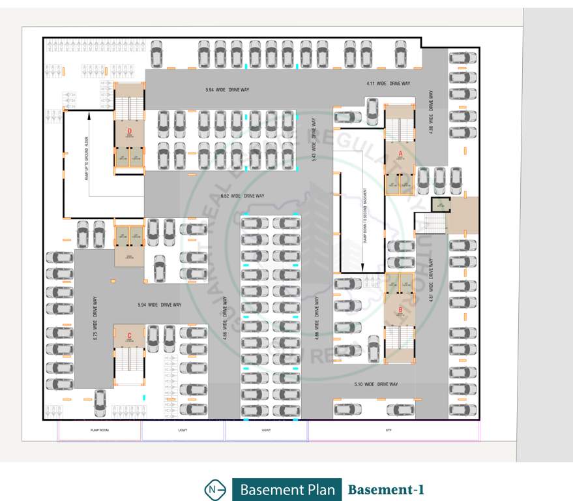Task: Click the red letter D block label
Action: (x=130, y=129)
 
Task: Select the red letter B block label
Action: (x=400, y=310)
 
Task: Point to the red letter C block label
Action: (x=129, y=336)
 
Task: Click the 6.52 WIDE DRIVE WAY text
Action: (x=242, y=196)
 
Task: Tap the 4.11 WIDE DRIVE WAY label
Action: (x=388, y=83)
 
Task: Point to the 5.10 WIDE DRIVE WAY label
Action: (x=376, y=384)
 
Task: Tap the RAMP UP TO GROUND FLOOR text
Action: (x=85, y=159)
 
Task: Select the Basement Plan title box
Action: (x=287, y=489)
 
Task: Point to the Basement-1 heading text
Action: (x=386, y=489)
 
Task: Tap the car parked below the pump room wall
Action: (x=100, y=402)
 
